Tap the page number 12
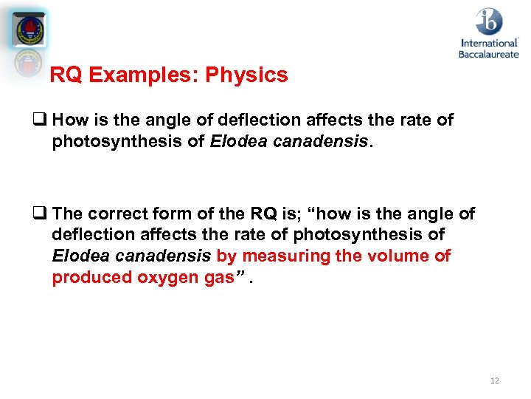(x=494, y=381)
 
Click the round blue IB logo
(x=489, y=21)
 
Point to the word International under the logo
(x=489, y=43)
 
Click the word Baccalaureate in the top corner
(x=489, y=54)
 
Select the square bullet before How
(x=44, y=120)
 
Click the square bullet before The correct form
(x=44, y=214)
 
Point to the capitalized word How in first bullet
(x=71, y=120)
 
